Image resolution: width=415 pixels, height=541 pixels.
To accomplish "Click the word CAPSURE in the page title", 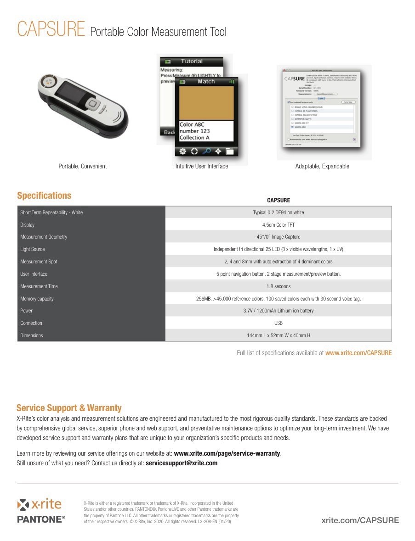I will pos(51,29).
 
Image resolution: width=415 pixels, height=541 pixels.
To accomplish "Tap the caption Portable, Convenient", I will pos(82,166).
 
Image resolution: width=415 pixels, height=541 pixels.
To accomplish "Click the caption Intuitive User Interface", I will pos(201,166).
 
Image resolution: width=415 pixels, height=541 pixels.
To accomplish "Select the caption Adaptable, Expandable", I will pos(322,166).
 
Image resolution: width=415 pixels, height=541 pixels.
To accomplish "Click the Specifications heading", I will pos(44,195).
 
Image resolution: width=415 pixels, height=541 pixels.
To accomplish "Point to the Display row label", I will pos(27,225).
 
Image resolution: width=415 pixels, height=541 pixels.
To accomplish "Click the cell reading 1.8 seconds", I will pos(279,286).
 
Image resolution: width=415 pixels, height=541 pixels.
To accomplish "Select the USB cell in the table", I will pos(278,323).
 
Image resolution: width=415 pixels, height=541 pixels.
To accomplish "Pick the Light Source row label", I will pos(32,249).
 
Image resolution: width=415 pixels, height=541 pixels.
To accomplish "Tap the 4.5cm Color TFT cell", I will pos(278,225).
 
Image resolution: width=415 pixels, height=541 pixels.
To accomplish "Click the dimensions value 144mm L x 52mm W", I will pos(278,335).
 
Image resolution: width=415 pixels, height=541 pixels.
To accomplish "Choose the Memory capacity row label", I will pos(37,299).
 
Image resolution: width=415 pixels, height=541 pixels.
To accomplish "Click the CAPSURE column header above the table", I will pos(278,201).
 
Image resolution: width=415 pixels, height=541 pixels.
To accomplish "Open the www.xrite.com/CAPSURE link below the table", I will pos(358,353).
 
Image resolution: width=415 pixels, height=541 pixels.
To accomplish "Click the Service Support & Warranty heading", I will pos(69,408).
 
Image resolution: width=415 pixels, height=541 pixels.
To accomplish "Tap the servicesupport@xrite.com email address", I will pos(181,463).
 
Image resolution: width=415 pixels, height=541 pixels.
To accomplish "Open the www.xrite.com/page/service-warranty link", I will pos(227,453).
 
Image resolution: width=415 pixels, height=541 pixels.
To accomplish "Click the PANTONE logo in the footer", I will pos(40,519).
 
